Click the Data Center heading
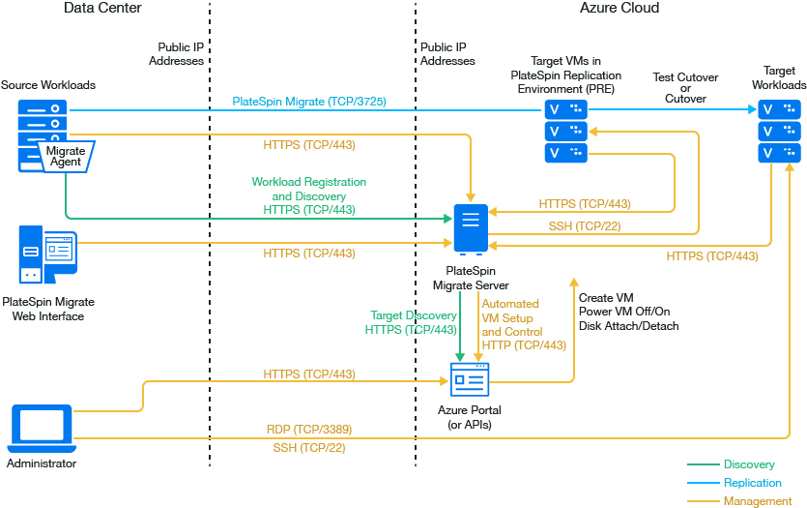(x=102, y=8)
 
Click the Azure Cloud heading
(x=620, y=8)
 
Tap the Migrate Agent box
(x=65, y=156)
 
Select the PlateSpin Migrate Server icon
(x=471, y=228)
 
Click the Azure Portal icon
(x=471, y=381)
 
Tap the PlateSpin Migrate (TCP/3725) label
(x=309, y=101)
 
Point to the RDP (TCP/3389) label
(x=308, y=429)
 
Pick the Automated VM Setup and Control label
(x=523, y=324)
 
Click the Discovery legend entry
(x=748, y=464)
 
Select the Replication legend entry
(x=752, y=483)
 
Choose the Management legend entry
(x=756, y=501)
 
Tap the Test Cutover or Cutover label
(x=685, y=88)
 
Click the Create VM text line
(x=606, y=298)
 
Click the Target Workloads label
(x=779, y=78)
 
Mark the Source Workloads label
(x=48, y=85)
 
